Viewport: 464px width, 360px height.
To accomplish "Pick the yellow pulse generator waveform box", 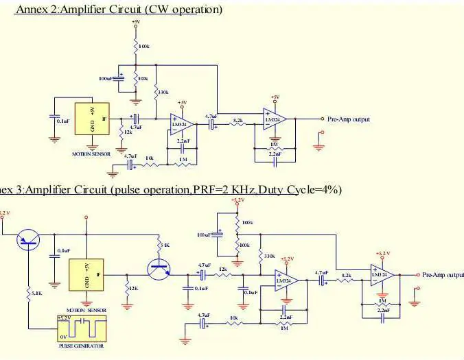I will pos(82,328).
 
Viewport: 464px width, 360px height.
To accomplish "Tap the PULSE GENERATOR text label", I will pos(81,346).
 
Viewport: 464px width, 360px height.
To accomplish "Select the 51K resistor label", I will pos(164,245).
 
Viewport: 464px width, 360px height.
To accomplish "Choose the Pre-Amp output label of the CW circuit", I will pos(349,119).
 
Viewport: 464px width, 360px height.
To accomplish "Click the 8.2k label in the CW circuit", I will pos(238,121).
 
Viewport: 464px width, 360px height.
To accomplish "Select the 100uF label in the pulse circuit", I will pos(204,235).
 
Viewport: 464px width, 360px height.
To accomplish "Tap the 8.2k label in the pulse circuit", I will pos(346,276).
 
